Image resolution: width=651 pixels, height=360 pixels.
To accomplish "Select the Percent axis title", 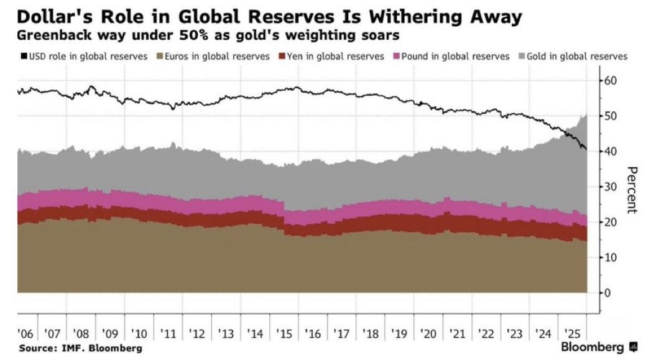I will coord(632,190).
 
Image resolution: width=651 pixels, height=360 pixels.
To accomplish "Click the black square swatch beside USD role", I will coord(24,57).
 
